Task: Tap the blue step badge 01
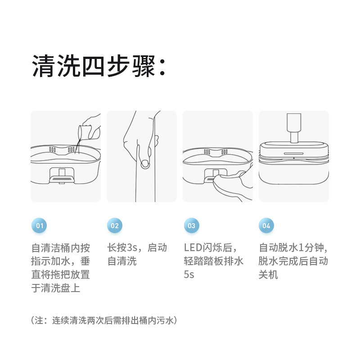coord(39,225)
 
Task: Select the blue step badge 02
coord(115,225)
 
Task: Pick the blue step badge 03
coord(192,225)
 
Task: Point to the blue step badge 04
coord(266,225)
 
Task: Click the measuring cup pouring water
coord(85,132)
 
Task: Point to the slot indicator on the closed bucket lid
coord(294,153)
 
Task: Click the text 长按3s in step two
coord(122,247)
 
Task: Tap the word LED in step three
coord(193,247)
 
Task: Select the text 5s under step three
coord(189,274)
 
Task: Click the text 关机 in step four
coord(268,274)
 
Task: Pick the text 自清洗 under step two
coord(122,261)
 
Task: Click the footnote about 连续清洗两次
coord(104,320)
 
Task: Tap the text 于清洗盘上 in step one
coord(56,288)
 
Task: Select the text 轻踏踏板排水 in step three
coord(213,261)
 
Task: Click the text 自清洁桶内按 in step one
coord(61,248)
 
